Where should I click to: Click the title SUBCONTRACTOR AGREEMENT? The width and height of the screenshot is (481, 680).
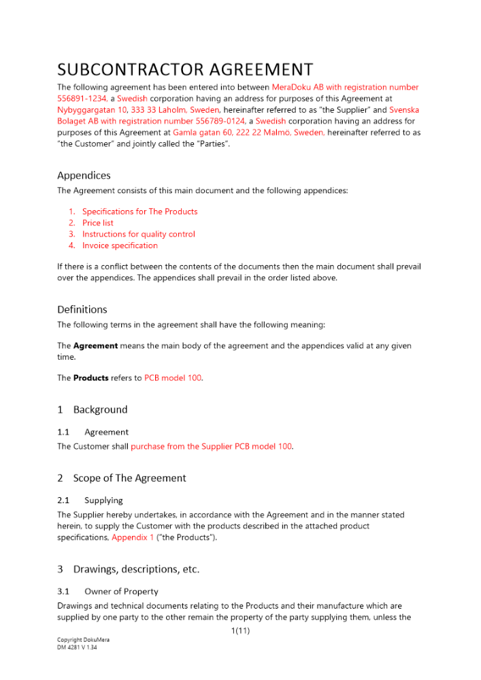[x=185, y=69]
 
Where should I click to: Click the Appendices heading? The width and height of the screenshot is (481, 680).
[x=84, y=175]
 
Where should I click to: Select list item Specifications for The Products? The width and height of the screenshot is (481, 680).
[x=139, y=211]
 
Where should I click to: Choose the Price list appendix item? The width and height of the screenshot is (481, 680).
[x=98, y=223]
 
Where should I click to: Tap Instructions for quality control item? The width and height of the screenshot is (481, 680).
[x=138, y=234]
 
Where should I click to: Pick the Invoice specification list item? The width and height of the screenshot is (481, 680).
[x=120, y=245]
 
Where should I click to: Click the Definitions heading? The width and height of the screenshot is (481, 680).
[x=82, y=309]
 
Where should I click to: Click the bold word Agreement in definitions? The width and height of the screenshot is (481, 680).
[x=95, y=345]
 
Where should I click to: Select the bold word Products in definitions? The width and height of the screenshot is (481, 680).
[x=91, y=378]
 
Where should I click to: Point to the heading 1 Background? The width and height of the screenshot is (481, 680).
[x=93, y=409]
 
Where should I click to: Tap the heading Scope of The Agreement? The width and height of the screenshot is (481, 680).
[x=129, y=478]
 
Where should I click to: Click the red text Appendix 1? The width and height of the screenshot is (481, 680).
[x=133, y=537]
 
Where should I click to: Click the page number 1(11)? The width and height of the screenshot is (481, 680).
[x=241, y=631]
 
